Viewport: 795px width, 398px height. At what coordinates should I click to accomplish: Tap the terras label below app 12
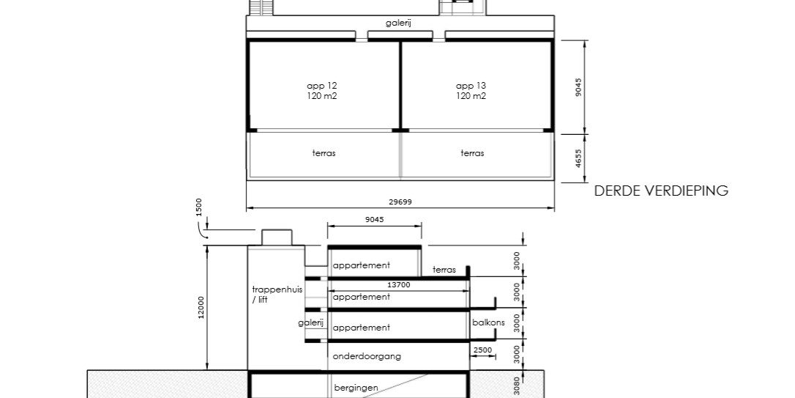pyautogui.click(x=323, y=153)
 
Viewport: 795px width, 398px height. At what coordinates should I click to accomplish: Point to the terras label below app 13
pyautogui.click(x=472, y=153)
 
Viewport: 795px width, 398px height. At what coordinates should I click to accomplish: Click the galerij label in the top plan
pyautogui.click(x=398, y=23)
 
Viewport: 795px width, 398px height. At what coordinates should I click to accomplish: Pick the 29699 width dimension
pyautogui.click(x=400, y=202)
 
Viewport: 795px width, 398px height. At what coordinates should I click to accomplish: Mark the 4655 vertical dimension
pyautogui.click(x=578, y=158)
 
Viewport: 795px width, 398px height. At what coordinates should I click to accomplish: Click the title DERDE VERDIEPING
pyautogui.click(x=661, y=191)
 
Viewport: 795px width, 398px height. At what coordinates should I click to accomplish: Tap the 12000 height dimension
pyautogui.click(x=201, y=308)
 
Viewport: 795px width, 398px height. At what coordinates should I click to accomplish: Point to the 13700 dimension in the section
pyautogui.click(x=399, y=284)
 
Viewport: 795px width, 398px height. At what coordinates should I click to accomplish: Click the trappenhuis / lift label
pyautogui.click(x=266, y=295)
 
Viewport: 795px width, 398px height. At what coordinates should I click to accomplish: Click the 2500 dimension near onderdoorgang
pyautogui.click(x=482, y=351)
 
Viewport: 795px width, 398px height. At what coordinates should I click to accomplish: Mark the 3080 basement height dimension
pyautogui.click(x=516, y=386)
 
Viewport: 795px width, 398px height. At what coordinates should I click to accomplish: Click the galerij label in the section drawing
pyautogui.click(x=310, y=323)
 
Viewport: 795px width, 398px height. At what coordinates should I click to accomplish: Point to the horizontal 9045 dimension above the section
pyautogui.click(x=373, y=219)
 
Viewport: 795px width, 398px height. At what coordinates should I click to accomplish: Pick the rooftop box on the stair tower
pyautogui.click(x=277, y=237)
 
